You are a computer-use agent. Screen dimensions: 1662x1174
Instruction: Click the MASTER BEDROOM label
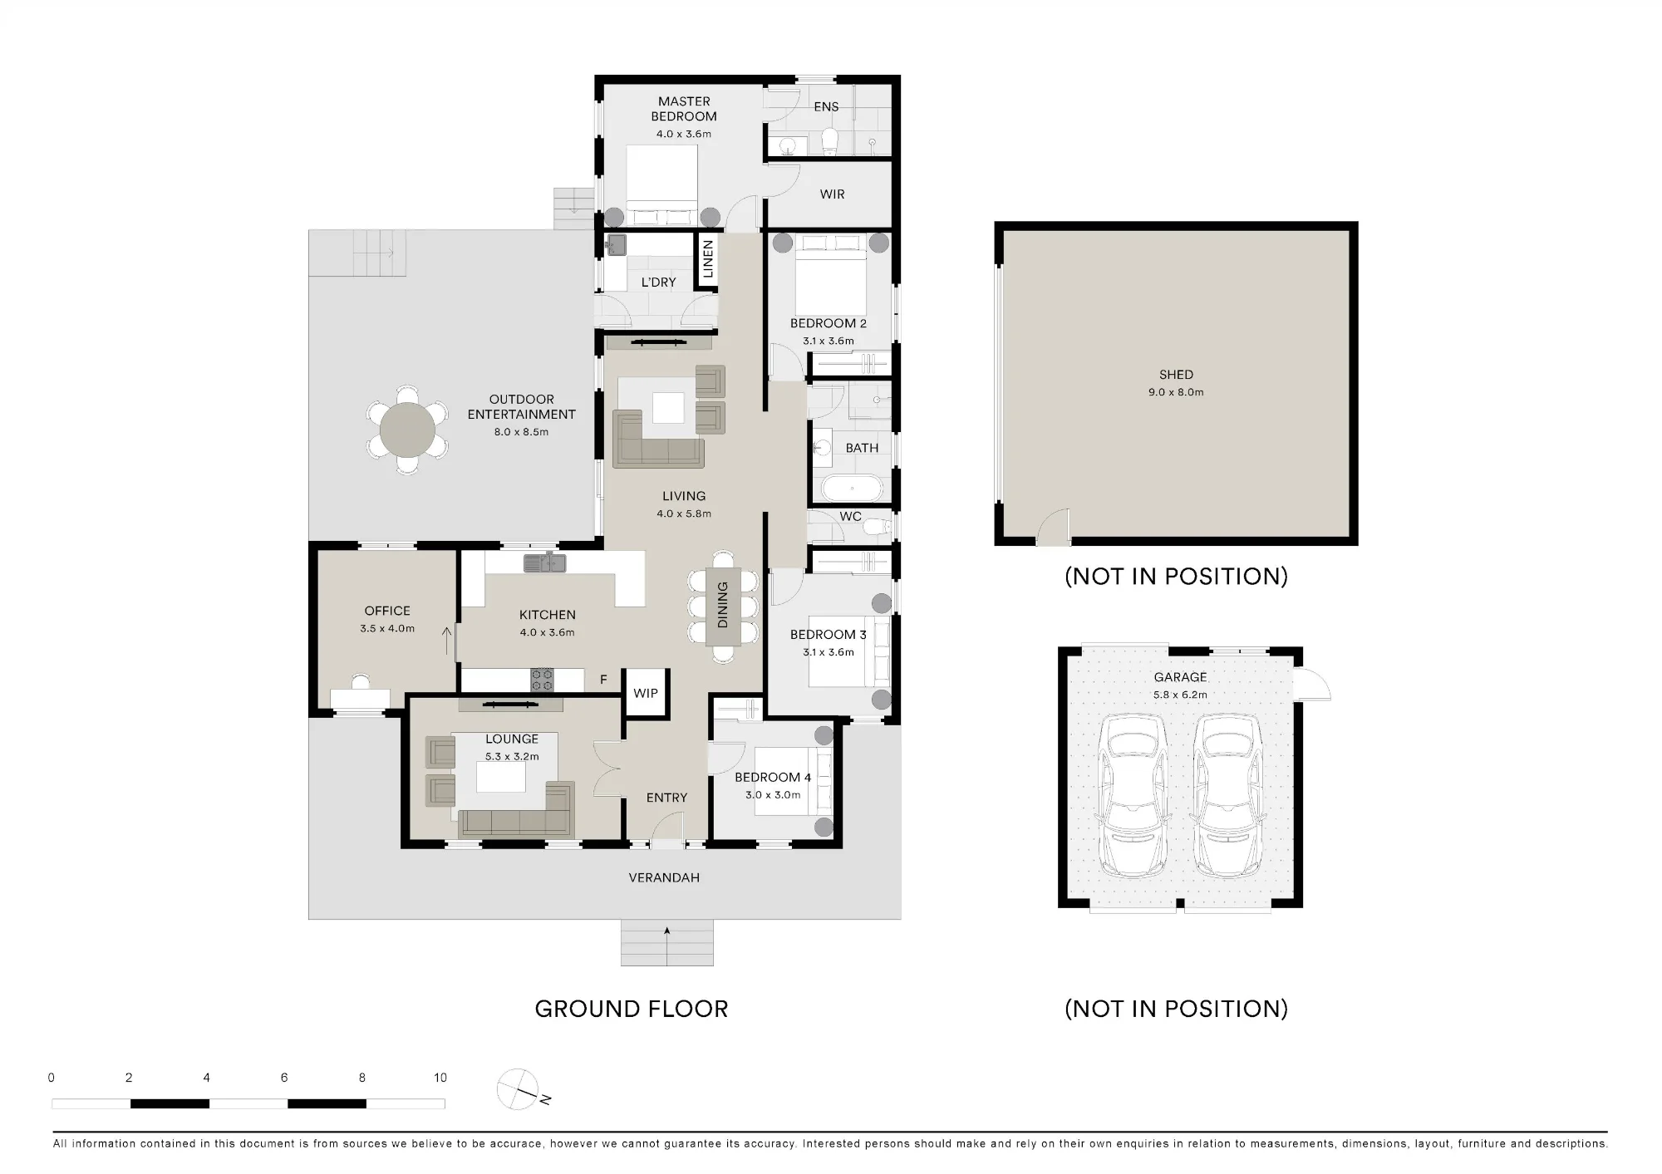[x=684, y=109]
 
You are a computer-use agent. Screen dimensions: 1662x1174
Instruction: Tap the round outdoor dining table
[x=408, y=430]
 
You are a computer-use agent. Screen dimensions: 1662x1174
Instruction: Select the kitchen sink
[x=544, y=562]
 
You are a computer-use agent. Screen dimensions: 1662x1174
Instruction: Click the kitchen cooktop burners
[x=542, y=680]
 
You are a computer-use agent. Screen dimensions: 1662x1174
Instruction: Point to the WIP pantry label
[x=646, y=693]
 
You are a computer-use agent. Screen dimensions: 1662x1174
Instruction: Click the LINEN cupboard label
[x=708, y=258]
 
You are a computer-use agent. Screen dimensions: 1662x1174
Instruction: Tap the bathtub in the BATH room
[x=852, y=489]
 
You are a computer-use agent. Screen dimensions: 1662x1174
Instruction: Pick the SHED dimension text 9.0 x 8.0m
[x=1176, y=392]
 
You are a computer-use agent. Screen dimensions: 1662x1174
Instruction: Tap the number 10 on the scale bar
[x=440, y=1078]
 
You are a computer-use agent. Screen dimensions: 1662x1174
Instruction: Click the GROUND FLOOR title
[x=632, y=1009]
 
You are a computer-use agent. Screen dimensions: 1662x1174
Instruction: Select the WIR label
[x=832, y=194]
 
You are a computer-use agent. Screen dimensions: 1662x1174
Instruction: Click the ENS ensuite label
[x=826, y=106]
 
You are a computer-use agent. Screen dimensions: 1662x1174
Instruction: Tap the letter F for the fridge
[x=603, y=680]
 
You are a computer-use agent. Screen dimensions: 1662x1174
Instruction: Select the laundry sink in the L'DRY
[x=616, y=244]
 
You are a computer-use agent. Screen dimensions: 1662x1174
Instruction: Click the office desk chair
[x=361, y=681]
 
